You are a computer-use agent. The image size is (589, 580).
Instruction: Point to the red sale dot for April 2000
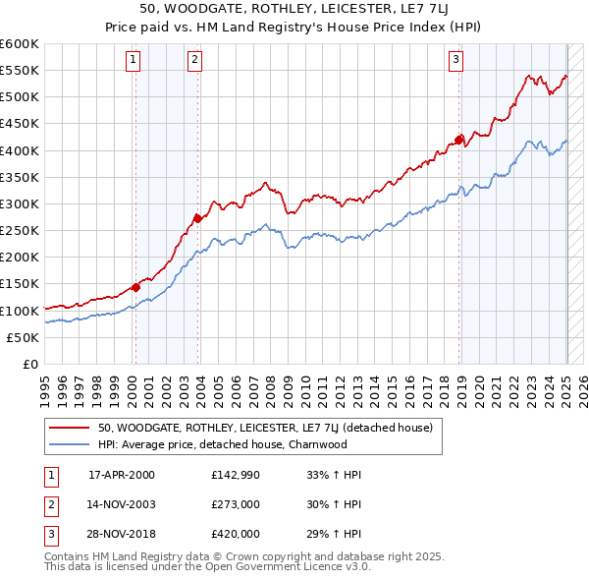(135, 287)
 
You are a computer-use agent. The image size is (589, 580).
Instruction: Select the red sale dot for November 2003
(197, 218)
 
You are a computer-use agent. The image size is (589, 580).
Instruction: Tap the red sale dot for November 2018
(459, 140)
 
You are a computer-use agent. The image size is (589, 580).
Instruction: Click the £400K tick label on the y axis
(19, 150)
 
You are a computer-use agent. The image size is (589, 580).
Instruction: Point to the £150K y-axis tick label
(19, 284)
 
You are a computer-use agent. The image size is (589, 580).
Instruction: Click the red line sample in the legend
(69, 428)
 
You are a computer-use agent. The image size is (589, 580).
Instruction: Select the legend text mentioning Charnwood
(222, 444)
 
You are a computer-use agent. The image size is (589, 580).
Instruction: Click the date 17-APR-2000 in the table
(122, 474)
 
